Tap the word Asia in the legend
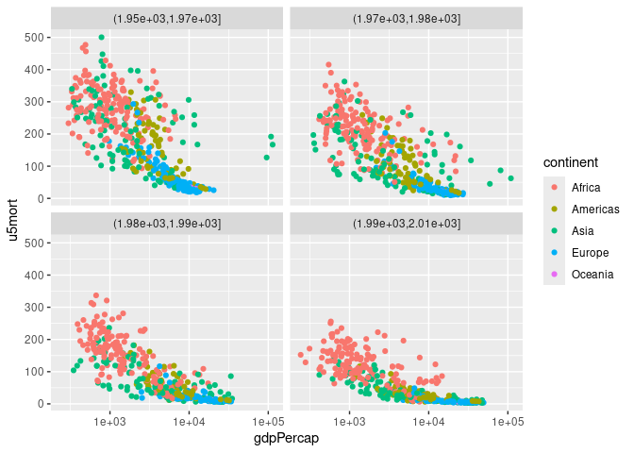[582, 231]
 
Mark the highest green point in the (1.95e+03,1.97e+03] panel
[101, 38]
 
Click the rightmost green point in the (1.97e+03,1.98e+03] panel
[510, 178]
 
